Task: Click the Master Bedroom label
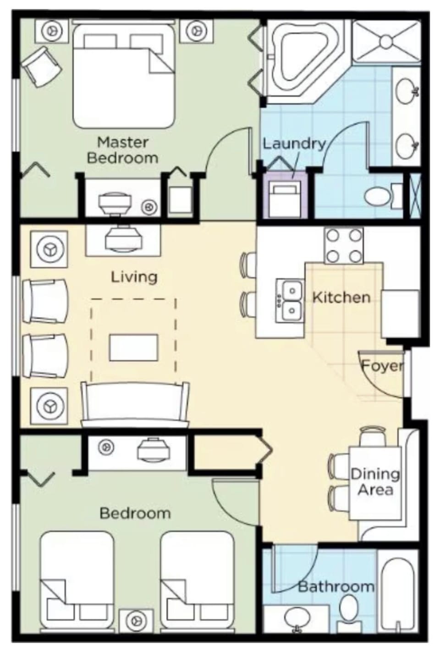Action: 122,150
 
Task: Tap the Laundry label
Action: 293,144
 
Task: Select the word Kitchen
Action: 341,297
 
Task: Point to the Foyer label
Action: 382,366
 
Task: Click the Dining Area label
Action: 375,481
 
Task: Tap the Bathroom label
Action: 336,586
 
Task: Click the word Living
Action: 134,276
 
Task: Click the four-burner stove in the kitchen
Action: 344,245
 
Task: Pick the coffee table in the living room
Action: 133,347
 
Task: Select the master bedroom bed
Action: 124,76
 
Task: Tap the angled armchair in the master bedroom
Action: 42,66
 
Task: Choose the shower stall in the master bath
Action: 386,41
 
